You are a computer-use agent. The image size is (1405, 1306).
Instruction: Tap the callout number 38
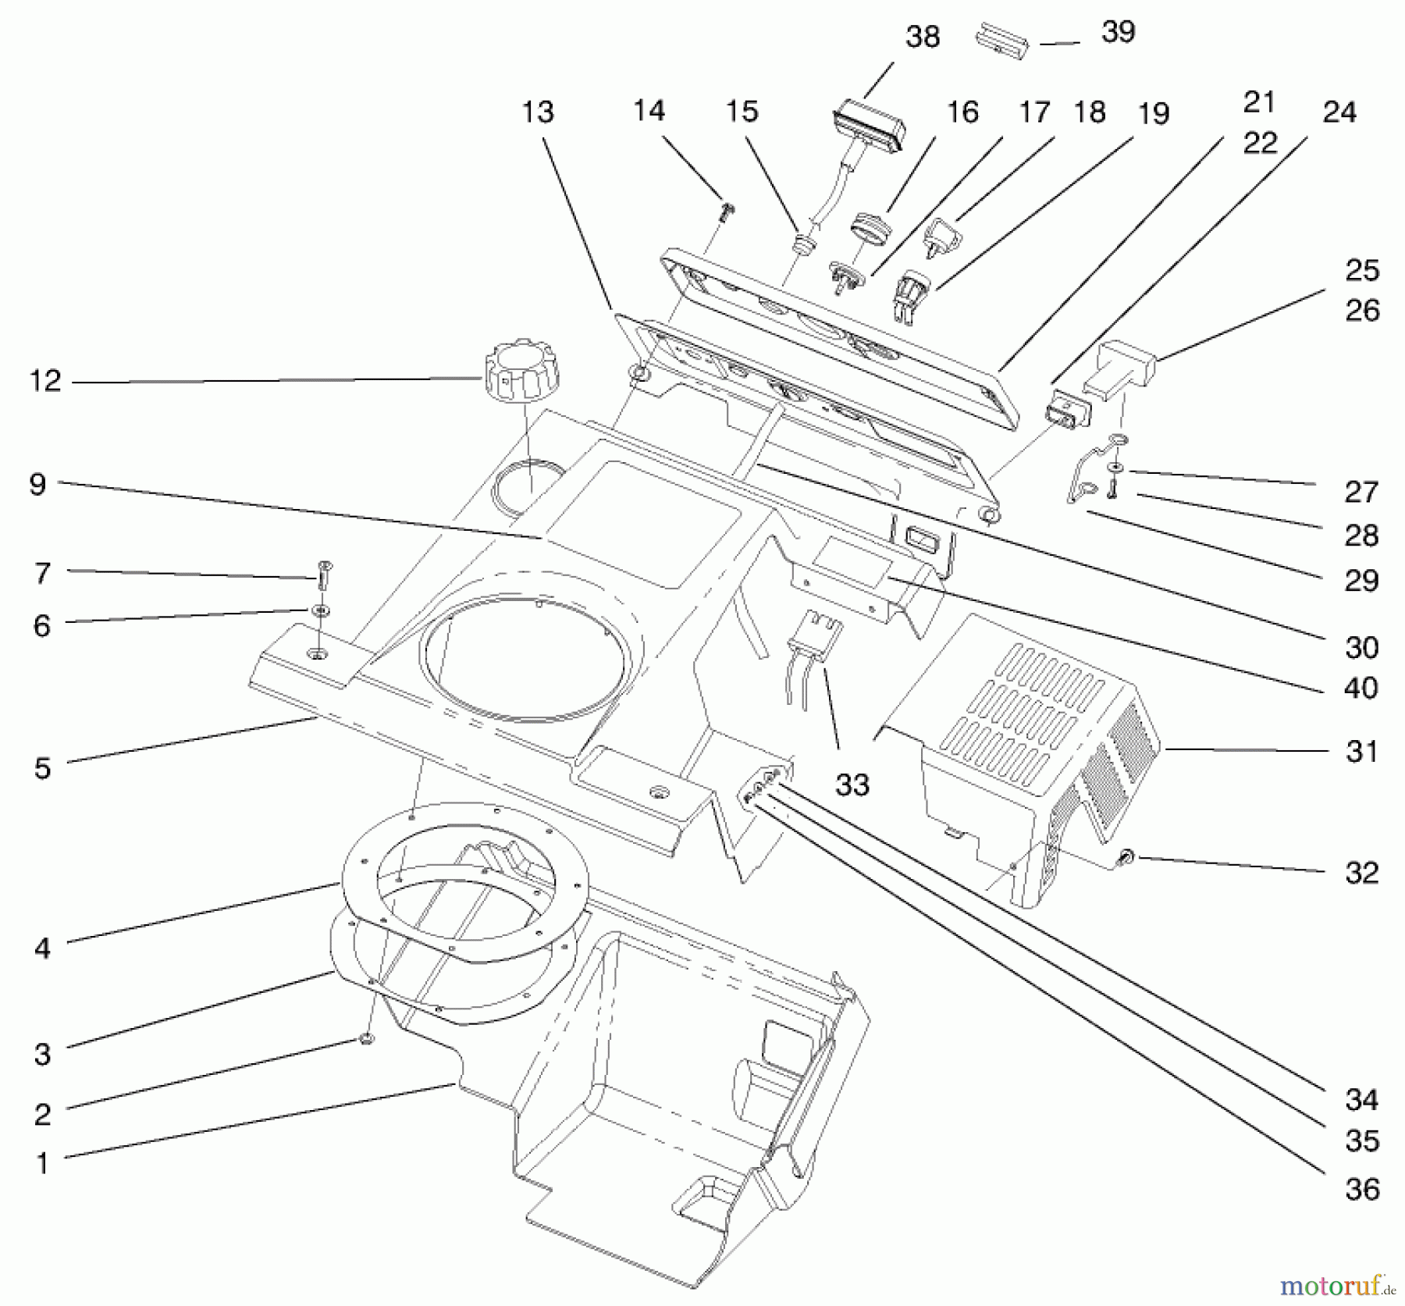point(922,37)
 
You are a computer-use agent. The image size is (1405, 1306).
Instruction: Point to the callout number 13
point(537,112)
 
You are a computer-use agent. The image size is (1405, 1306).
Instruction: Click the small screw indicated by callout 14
point(728,211)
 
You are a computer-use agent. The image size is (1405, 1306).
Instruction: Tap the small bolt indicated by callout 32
point(1126,859)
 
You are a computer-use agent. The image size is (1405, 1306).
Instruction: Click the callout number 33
point(852,785)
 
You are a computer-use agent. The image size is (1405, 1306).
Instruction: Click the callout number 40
point(1361,688)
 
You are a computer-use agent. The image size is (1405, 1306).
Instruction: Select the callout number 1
point(43,1164)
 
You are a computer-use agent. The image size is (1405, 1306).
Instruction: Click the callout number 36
point(1362,1190)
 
